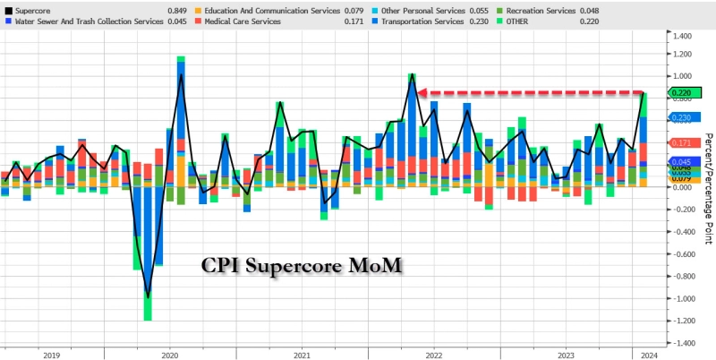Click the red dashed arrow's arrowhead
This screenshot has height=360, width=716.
tap(423, 92)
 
